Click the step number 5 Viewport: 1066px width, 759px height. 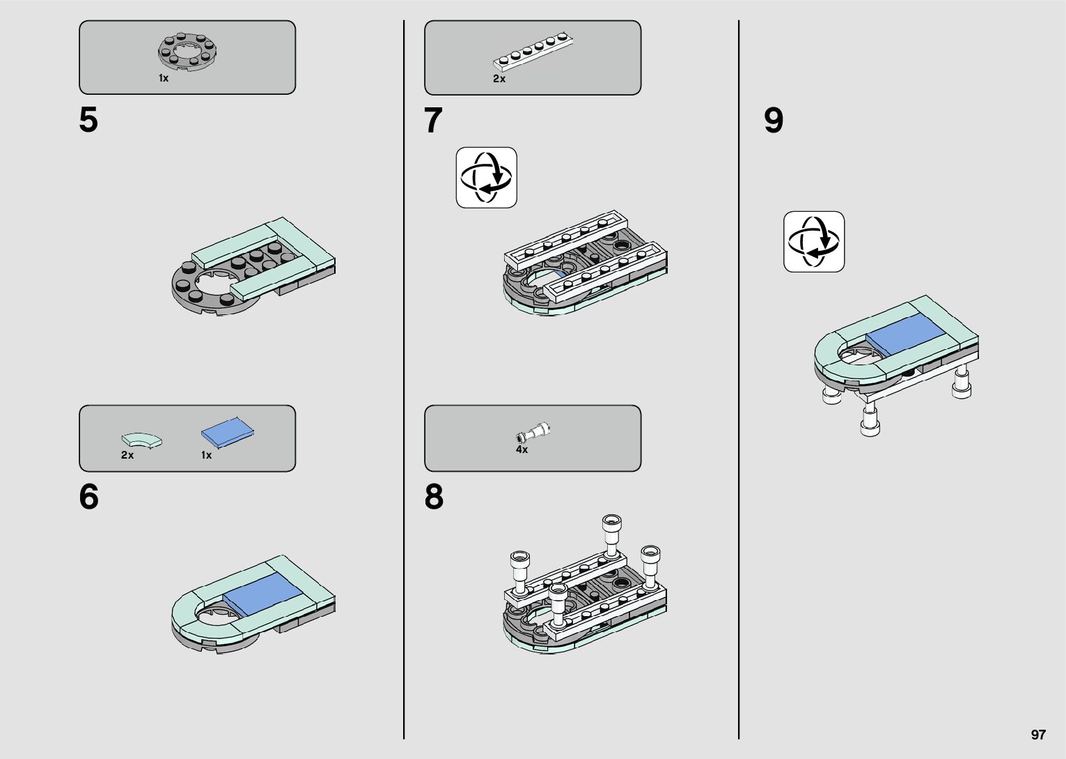pos(88,120)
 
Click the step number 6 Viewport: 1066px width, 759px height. pos(89,497)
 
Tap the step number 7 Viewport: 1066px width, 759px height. pos(433,120)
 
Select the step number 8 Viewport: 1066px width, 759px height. pos(434,497)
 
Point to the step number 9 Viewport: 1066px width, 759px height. pos(774,120)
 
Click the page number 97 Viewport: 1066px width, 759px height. pos(1038,735)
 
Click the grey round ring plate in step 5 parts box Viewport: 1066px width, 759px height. pos(188,52)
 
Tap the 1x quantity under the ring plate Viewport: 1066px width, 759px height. pos(164,78)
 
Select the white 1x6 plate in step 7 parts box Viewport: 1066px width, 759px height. pos(533,52)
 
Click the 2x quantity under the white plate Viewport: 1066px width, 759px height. pos(499,79)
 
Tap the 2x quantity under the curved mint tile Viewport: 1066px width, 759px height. pos(127,455)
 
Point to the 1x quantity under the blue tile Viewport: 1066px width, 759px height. pos(207,455)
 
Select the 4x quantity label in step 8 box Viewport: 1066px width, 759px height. pos(522,450)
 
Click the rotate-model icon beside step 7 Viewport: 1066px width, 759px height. pos(487,178)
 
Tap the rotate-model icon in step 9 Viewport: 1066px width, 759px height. pos(814,242)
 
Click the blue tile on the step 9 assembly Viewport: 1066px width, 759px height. pos(902,335)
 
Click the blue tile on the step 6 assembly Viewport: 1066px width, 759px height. pos(263,594)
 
